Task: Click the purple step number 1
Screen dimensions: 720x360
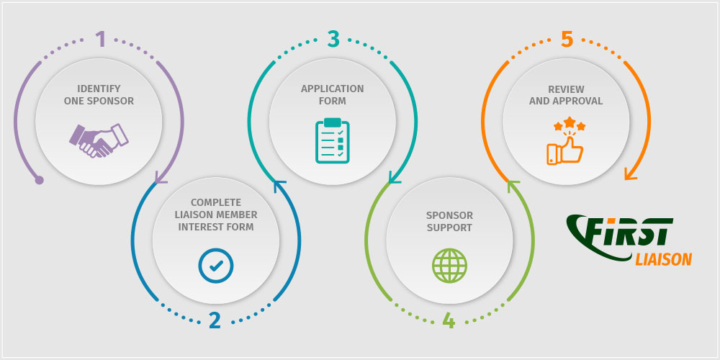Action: [x=101, y=40]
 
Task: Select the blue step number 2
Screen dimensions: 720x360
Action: [x=215, y=320]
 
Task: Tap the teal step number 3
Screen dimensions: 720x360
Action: [x=333, y=40]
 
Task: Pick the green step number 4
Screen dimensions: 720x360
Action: [x=449, y=320]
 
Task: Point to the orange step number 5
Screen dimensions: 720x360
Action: [x=567, y=40]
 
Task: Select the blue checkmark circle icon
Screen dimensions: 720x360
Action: [x=216, y=266]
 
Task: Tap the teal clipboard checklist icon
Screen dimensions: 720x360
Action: [x=333, y=140]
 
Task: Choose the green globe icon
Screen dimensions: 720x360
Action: [x=449, y=266]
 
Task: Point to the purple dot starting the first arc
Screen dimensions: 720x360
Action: [x=39, y=180]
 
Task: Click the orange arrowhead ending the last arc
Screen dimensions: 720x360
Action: [x=630, y=174]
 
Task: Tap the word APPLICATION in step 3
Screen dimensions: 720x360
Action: [x=333, y=89]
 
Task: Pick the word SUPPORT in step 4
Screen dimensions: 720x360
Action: [x=449, y=228]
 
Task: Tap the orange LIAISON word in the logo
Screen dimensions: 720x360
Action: [x=664, y=259]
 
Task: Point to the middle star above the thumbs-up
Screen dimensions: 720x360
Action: [x=570, y=122]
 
